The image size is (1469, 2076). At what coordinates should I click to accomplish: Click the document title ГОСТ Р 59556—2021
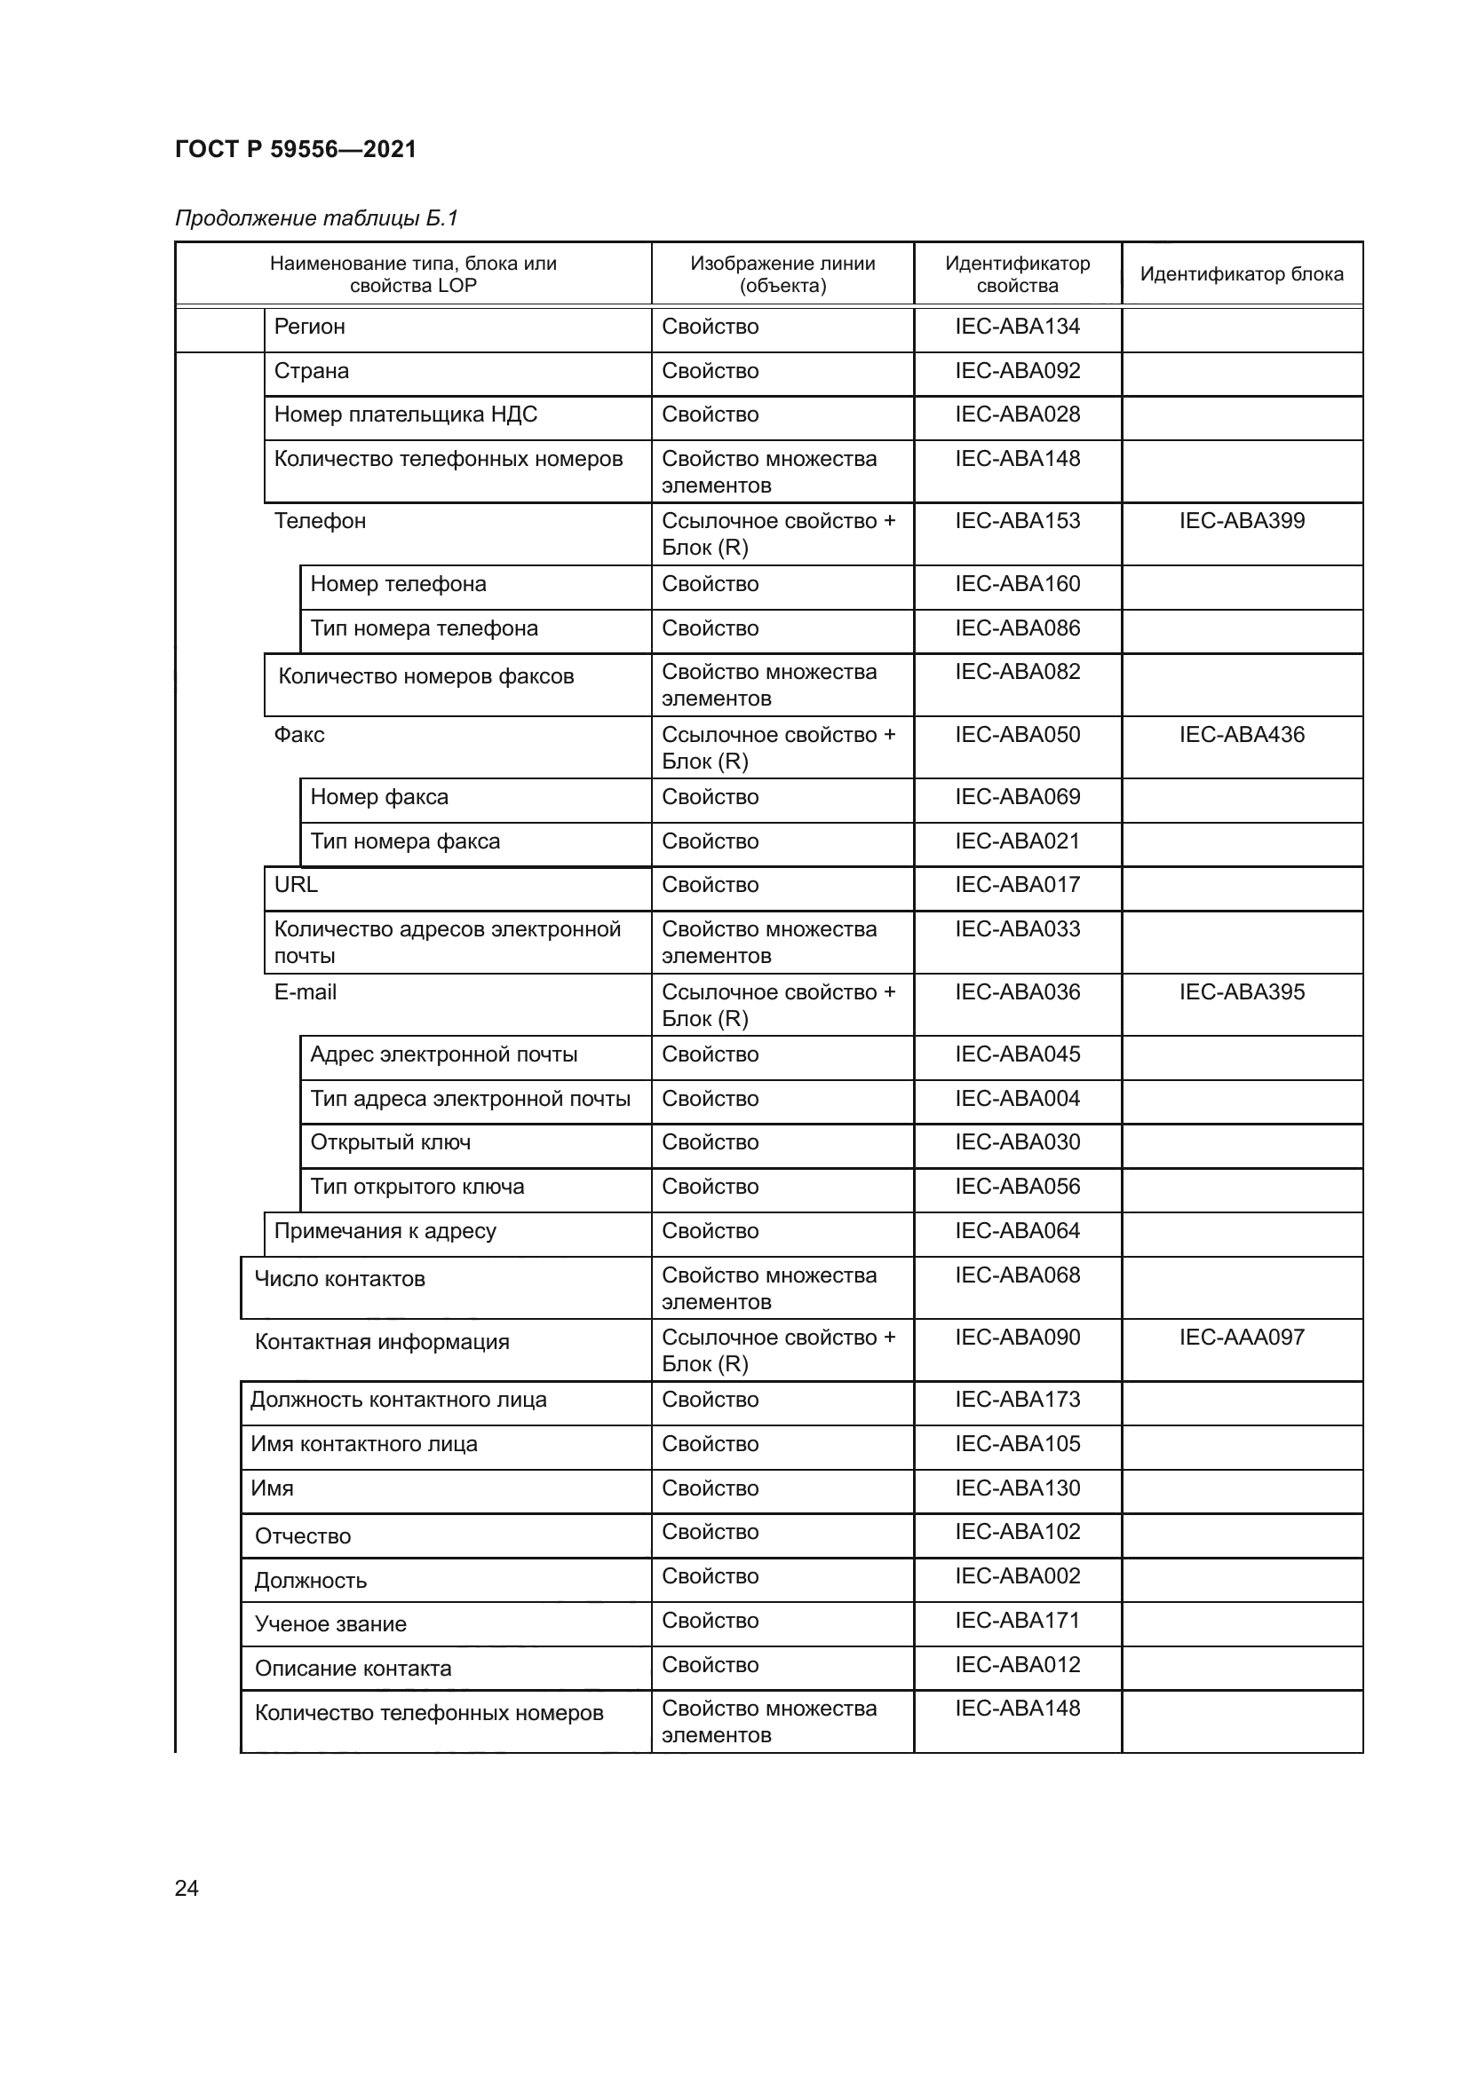295,149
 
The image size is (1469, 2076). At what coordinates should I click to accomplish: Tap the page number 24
187,1888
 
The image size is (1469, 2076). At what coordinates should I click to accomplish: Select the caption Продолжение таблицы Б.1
316,218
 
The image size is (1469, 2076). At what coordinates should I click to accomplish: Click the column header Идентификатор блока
1241,274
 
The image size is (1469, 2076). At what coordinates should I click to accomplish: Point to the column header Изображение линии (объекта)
782,274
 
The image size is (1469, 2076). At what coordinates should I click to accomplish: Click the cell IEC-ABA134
1017,327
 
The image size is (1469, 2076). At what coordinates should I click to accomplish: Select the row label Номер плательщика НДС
405,414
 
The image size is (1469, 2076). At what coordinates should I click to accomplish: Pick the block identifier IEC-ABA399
1241,521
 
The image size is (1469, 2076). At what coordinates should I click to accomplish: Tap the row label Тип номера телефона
424,628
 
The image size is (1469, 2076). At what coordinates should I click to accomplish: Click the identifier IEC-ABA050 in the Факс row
1017,734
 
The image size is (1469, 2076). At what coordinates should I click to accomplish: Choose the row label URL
296,884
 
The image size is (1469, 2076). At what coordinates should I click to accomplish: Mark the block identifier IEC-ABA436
1241,734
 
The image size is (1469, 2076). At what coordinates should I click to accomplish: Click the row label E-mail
305,992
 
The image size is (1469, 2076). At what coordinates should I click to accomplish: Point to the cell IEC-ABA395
1241,992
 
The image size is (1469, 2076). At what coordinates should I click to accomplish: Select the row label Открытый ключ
390,1142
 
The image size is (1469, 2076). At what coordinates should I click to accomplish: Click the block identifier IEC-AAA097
1241,1338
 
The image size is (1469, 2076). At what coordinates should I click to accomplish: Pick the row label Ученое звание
330,1624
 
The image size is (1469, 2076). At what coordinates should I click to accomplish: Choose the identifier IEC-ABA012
1017,1664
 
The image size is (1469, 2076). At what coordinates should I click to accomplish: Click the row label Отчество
302,1536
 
